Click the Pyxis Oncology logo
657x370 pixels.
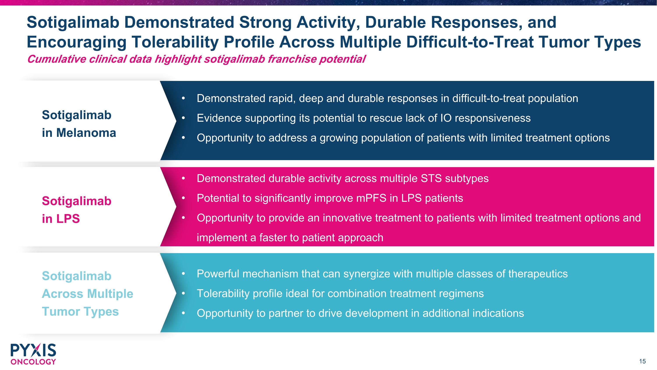click(x=33, y=354)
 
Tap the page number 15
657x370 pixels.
click(x=642, y=361)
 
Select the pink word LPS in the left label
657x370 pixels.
click(x=68, y=219)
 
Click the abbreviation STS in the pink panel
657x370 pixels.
click(x=431, y=179)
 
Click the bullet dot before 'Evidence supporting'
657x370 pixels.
click(x=183, y=118)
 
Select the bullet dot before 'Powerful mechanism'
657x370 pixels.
click(x=183, y=274)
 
